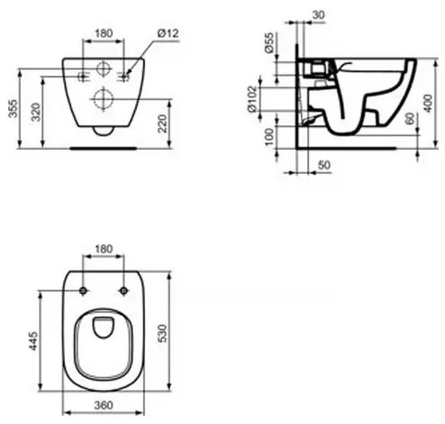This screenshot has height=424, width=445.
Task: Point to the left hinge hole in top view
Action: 82,290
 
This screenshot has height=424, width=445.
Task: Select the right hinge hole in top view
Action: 123,290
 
